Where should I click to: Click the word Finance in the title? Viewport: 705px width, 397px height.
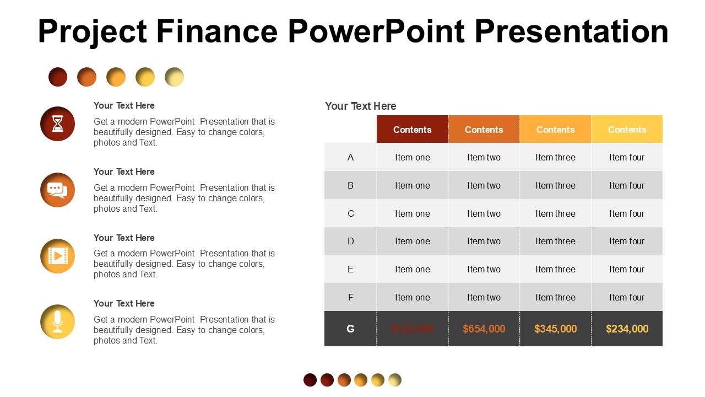pyautogui.click(x=217, y=31)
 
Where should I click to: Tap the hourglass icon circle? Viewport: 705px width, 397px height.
pyautogui.click(x=57, y=124)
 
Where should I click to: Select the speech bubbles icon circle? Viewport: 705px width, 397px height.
pyautogui.click(x=57, y=190)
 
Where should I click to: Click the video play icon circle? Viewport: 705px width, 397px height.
pyautogui.click(x=57, y=256)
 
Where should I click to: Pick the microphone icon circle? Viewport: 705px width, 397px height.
pyautogui.click(x=57, y=321)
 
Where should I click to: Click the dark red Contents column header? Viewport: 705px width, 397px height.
pyautogui.click(x=412, y=130)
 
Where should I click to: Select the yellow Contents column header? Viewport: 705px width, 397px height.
pyautogui.click(x=627, y=130)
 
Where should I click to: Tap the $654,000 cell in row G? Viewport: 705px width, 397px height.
pyautogui.click(x=484, y=329)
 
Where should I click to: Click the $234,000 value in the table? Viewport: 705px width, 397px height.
pyautogui.click(x=627, y=329)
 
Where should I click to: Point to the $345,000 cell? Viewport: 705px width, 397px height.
pyautogui.click(x=555, y=329)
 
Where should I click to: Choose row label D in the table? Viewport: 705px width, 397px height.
pyautogui.click(x=350, y=241)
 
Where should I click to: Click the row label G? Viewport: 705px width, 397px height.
pyautogui.click(x=350, y=329)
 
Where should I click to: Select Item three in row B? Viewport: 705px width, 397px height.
pyautogui.click(x=555, y=185)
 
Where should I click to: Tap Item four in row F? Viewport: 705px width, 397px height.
pyautogui.click(x=627, y=297)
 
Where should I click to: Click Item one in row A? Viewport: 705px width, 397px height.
pyautogui.click(x=412, y=157)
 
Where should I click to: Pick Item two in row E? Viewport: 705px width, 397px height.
pyautogui.click(x=484, y=269)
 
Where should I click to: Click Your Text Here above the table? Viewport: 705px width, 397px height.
pyautogui.click(x=360, y=106)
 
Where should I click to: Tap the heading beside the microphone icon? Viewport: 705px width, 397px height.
pyautogui.click(x=124, y=303)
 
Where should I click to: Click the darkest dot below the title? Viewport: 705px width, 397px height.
pyautogui.click(x=58, y=77)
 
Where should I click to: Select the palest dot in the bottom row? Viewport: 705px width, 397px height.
pyautogui.click(x=395, y=380)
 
